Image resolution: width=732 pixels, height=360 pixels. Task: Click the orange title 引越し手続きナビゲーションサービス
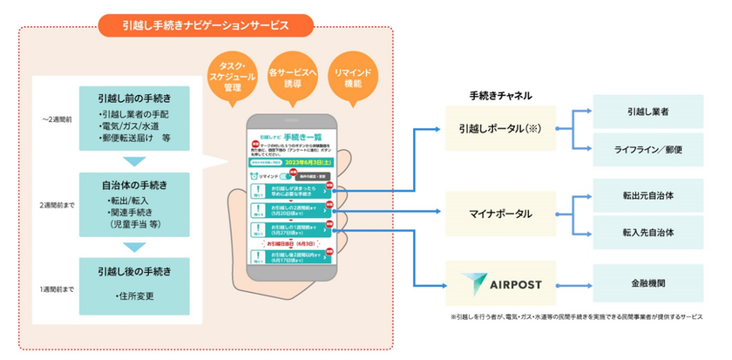tap(205, 24)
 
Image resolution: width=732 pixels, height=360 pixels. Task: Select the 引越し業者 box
tap(647, 112)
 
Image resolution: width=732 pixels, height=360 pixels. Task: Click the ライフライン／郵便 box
tap(647, 150)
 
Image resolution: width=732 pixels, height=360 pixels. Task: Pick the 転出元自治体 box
tap(647, 196)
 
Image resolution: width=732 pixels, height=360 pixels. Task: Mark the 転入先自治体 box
tap(647, 234)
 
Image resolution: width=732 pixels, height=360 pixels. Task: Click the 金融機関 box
tap(647, 283)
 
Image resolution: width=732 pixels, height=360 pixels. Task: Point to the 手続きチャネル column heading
tap(500, 95)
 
